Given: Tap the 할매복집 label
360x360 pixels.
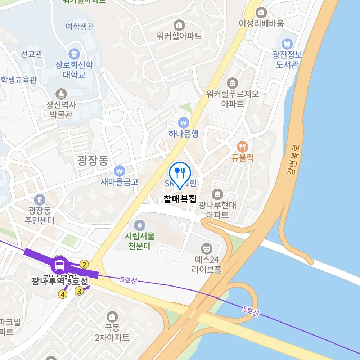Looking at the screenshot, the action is (x=180, y=199).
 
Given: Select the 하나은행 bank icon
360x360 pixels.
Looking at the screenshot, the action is (x=184, y=122).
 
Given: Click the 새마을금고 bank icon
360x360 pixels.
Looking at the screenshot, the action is (x=120, y=170).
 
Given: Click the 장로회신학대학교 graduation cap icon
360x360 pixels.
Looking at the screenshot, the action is (x=74, y=54).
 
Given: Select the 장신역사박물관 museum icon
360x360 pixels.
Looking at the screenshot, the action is (x=61, y=94).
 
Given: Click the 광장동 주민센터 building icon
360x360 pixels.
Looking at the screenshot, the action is (x=40, y=199).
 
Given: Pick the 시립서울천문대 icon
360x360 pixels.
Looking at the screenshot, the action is (x=139, y=226).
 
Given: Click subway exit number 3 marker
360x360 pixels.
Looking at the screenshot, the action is (x=79, y=292).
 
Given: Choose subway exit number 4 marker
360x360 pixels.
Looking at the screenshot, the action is (x=63, y=294).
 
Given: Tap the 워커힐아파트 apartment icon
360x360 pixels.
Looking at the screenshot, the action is (x=179, y=25).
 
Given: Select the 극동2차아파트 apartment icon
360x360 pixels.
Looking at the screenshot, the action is (x=112, y=317).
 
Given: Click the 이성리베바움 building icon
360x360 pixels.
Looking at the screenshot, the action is (x=262, y=13).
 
